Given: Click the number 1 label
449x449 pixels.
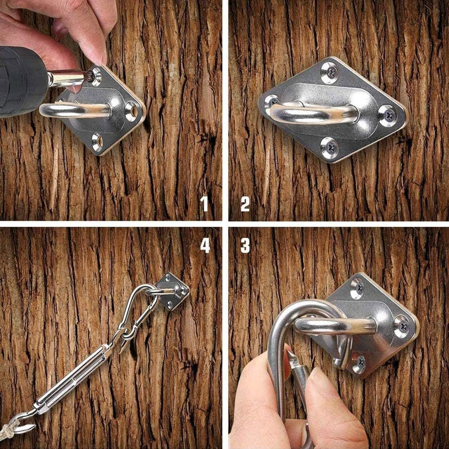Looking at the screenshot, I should tap(205, 203).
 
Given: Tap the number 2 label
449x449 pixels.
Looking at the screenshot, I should tap(245, 203).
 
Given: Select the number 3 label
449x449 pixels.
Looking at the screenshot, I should tap(245, 245).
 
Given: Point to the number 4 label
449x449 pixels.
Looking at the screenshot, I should tap(205, 245).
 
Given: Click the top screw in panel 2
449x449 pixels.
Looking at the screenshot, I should tap(329, 72).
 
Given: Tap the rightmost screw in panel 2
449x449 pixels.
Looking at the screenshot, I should tap(387, 115).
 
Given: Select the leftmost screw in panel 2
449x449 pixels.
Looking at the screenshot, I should tap(271, 102).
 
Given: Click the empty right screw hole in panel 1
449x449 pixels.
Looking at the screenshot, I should tap(131, 110).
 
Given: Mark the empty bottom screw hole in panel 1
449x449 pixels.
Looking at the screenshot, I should tap(97, 141).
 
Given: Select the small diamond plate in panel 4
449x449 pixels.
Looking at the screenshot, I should tap(172, 291).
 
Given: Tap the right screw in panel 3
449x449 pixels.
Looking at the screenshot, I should tap(401, 326).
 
